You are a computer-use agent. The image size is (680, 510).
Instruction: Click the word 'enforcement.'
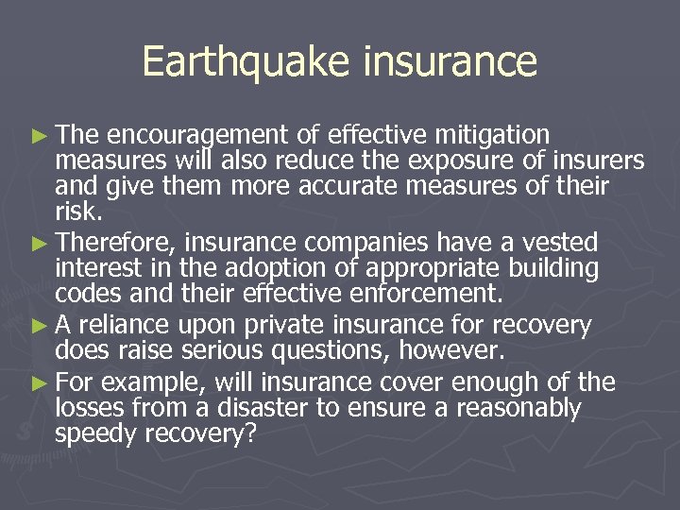[431, 295]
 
